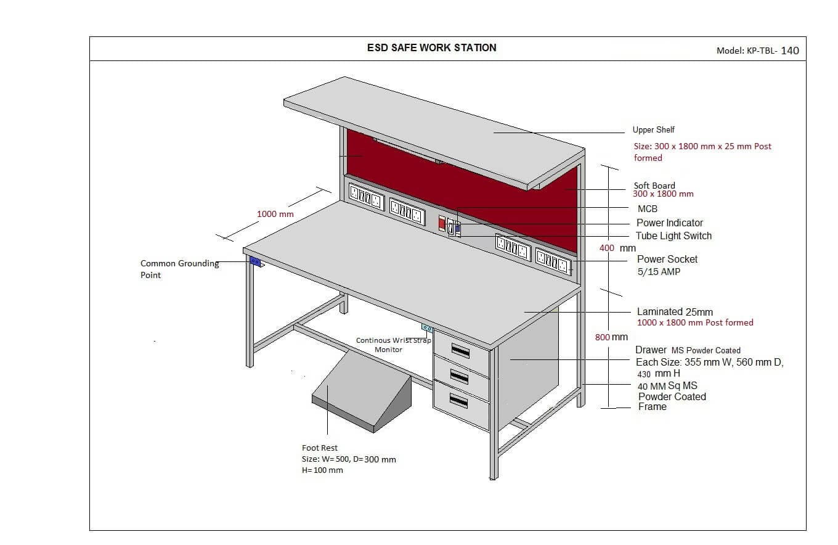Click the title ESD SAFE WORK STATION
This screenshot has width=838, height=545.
click(x=431, y=47)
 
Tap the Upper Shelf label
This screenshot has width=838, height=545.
click(x=653, y=129)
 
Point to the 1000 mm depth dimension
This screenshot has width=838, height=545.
click(x=275, y=214)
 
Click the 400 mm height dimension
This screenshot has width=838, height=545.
click(x=617, y=248)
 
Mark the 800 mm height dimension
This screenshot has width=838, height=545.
click(x=611, y=337)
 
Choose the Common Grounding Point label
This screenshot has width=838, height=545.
click(x=179, y=269)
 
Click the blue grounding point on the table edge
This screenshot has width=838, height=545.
click(x=255, y=261)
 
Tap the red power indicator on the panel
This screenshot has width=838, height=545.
click(x=442, y=223)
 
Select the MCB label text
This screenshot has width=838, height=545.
click(x=648, y=209)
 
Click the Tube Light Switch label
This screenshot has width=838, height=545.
click(x=673, y=236)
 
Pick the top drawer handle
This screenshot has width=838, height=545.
click(x=462, y=350)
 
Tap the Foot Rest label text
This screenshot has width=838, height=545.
click(x=319, y=448)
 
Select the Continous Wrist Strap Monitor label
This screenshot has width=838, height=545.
click(x=393, y=345)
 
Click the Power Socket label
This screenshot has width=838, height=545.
click(x=667, y=259)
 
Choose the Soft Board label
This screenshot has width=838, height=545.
click(x=654, y=186)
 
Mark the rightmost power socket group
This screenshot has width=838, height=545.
click(x=553, y=261)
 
